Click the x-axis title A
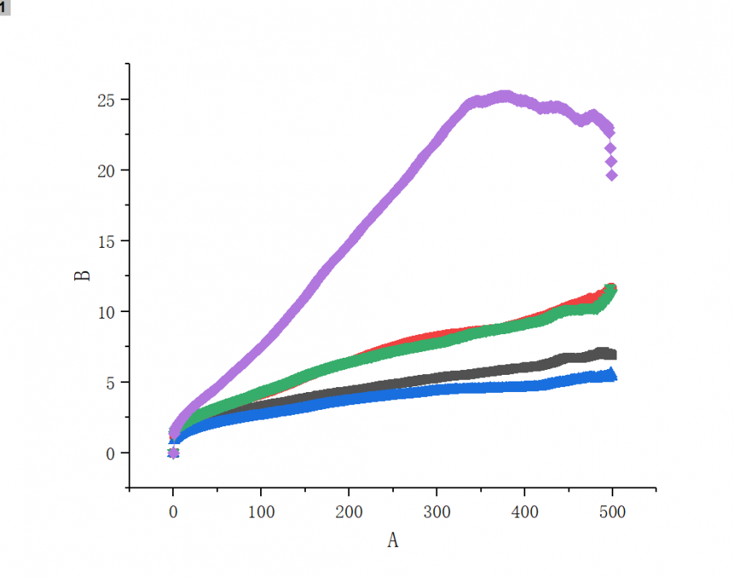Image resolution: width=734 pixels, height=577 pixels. (x=392, y=540)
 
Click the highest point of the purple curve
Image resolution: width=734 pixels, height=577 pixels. (x=504, y=97)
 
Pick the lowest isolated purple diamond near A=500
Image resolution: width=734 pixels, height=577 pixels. (x=612, y=175)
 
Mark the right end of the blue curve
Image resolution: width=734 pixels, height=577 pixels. (x=612, y=375)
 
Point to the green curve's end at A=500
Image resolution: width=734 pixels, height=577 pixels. (x=610, y=290)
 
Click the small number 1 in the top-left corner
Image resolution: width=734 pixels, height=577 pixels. (x=4, y=7)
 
